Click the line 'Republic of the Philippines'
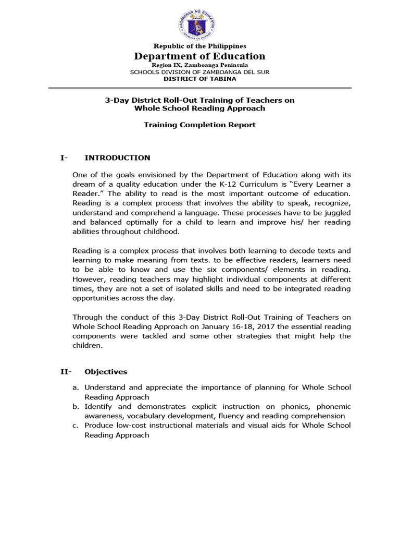199,46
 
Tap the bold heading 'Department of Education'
199,56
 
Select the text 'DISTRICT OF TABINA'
200,79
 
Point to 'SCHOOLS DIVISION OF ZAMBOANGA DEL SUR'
199,72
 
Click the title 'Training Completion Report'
199,125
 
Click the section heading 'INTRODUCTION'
117,157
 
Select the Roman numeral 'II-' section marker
65,372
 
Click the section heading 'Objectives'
106,372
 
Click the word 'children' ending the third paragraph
87,345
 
